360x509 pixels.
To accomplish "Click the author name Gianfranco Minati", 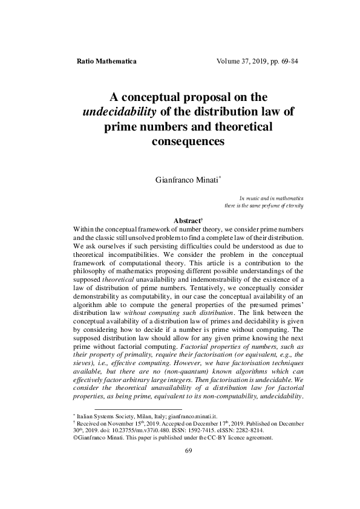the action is click(x=187, y=180).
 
